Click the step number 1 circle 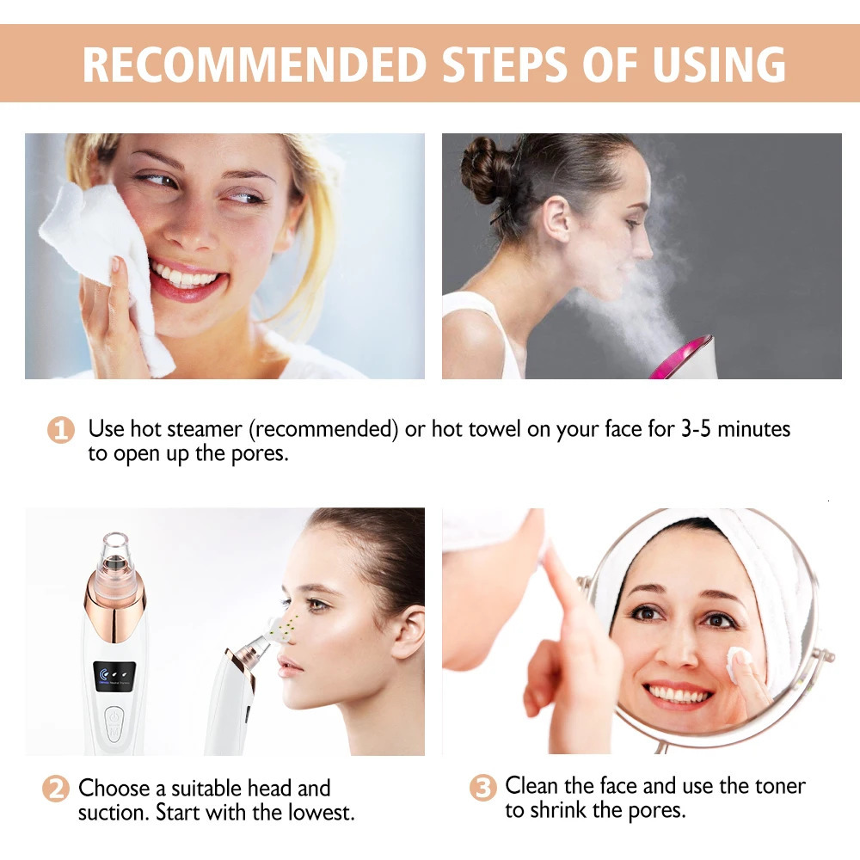(59, 429)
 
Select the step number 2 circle (55, 789)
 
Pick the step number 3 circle (483, 788)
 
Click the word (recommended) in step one (325, 429)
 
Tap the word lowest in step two (317, 812)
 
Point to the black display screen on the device (116, 674)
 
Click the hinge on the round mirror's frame (823, 655)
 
